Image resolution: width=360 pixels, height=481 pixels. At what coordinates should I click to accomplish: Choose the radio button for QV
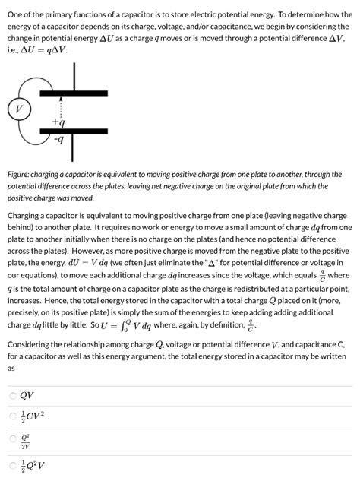tap(12, 396)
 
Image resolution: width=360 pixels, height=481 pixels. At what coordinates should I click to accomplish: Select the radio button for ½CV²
tap(12, 416)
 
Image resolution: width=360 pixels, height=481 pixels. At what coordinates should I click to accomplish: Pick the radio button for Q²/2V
tap(12, 440)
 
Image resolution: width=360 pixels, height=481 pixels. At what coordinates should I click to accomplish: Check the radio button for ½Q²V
tap(12, 464)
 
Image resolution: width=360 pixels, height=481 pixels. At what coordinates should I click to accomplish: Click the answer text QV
tap(27, 396)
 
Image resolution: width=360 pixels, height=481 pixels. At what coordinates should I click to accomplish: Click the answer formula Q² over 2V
tap(27, 440)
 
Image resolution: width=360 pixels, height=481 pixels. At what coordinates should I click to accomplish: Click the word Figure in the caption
tap(21, 174)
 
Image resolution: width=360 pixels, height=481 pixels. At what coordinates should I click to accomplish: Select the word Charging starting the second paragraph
tap(27, 215)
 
